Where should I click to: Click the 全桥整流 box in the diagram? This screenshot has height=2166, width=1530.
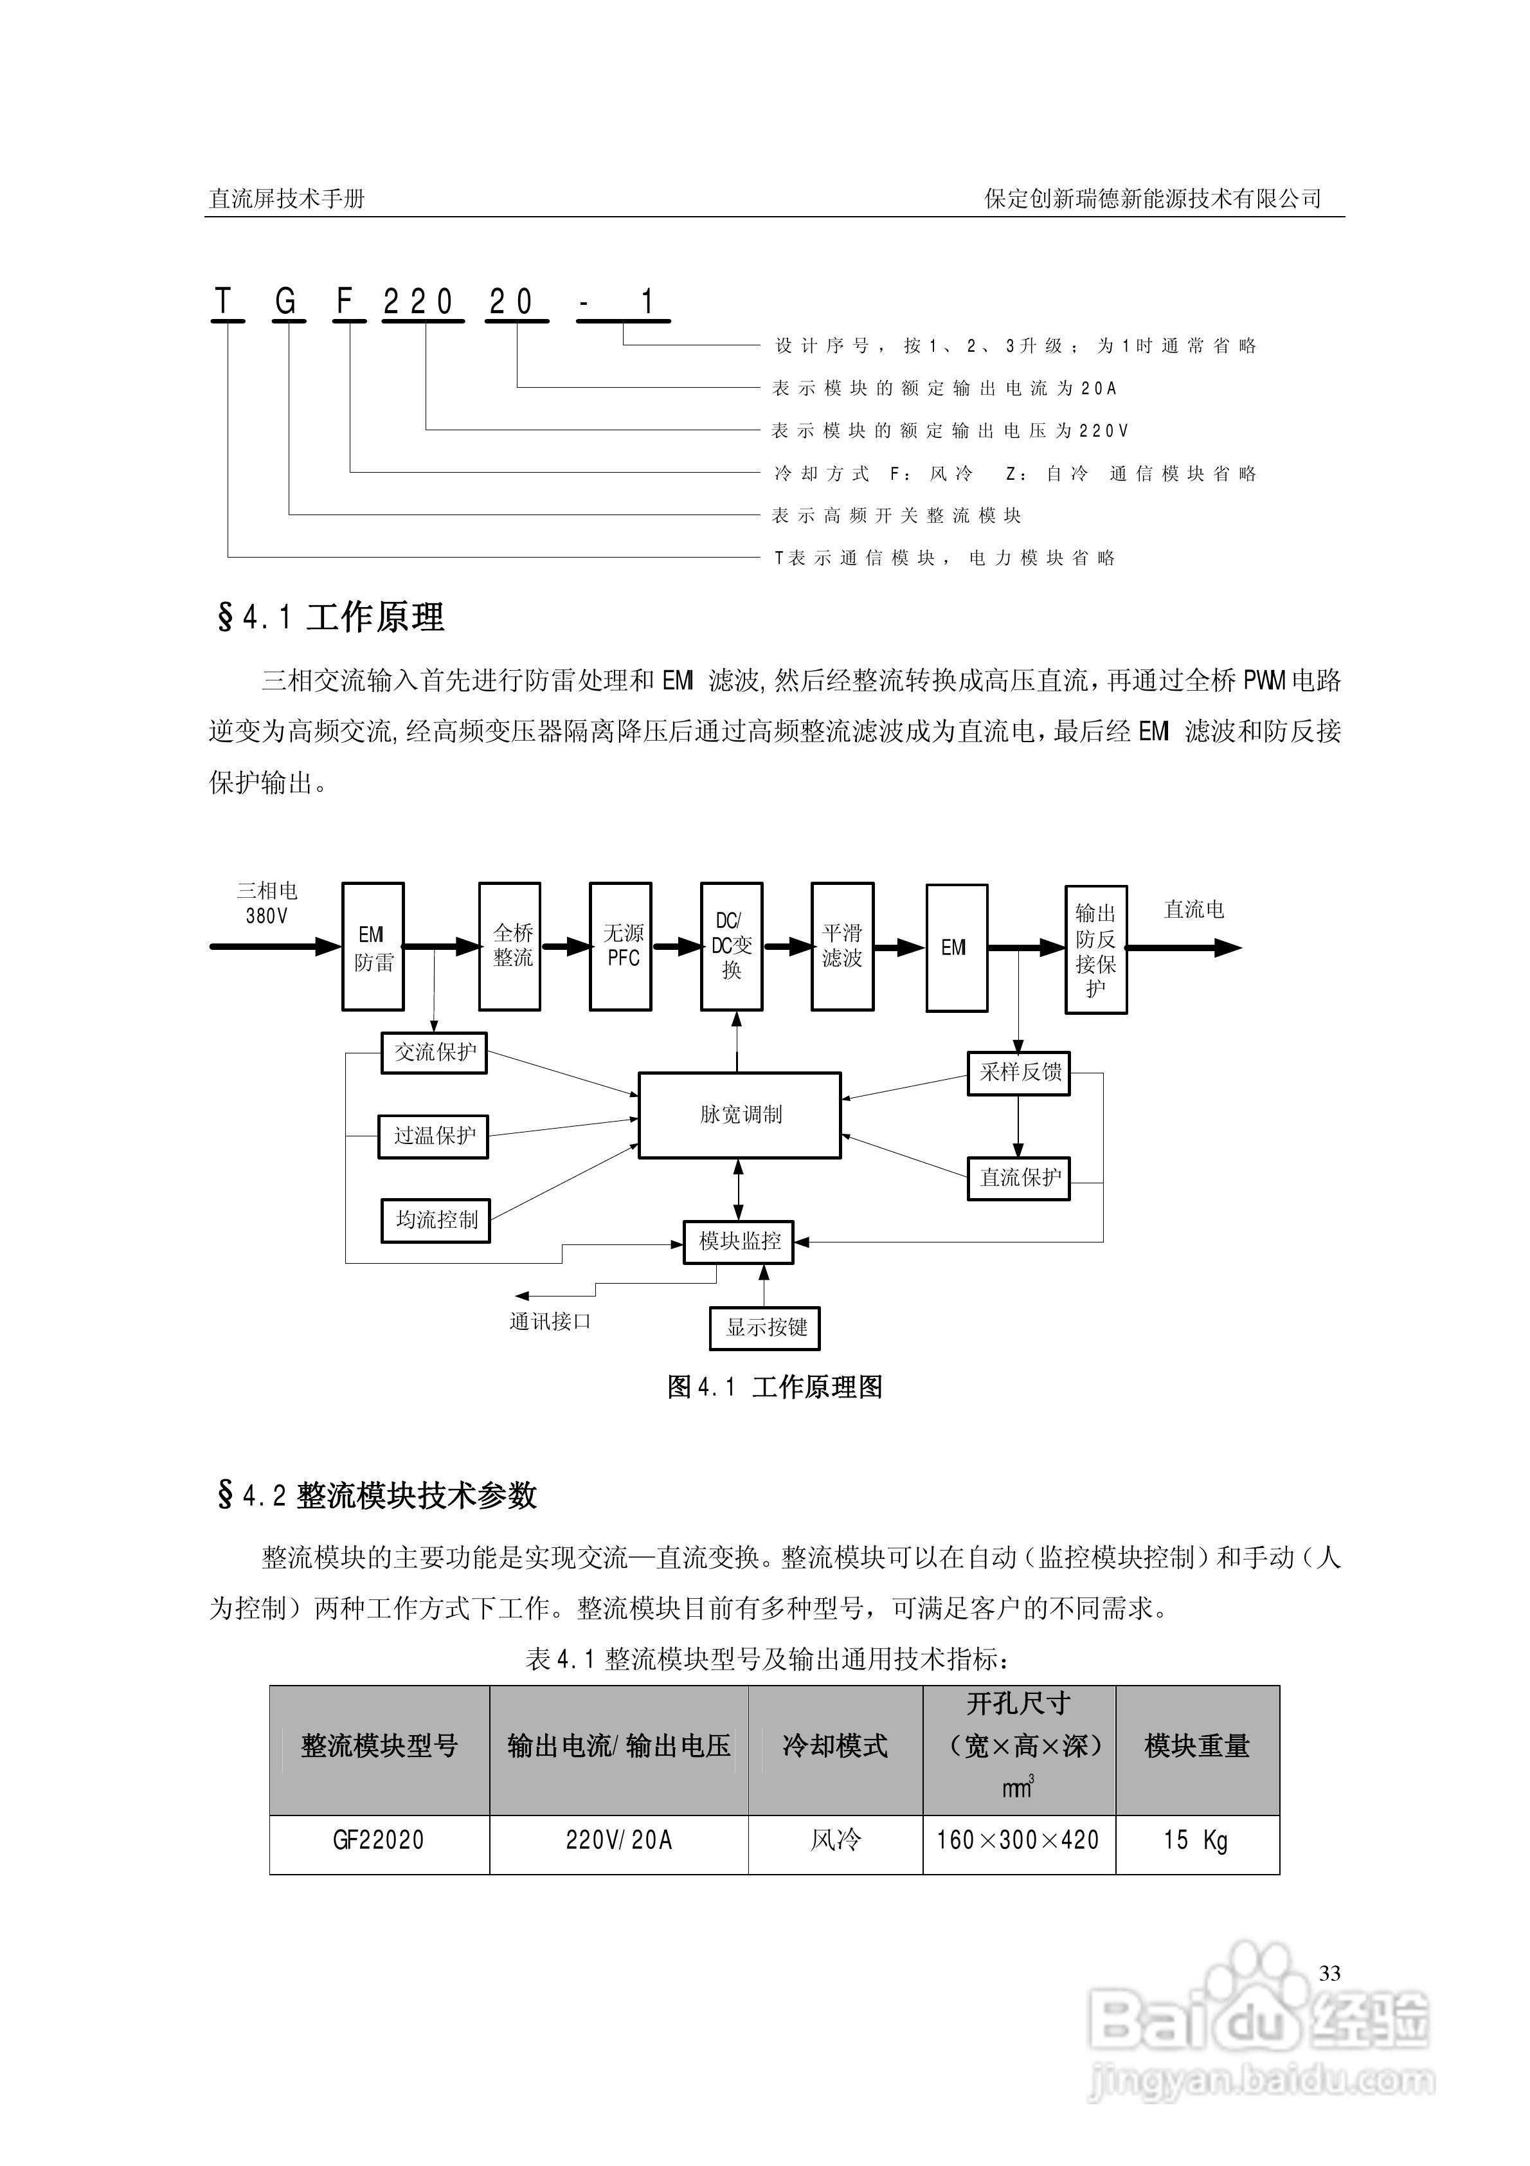pyautogui.click(x=509, y=946)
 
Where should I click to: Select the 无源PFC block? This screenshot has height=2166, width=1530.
pyautogui.click(x=620, y=946)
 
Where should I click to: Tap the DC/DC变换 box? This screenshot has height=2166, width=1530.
pyautogui.click(x=732, y=946)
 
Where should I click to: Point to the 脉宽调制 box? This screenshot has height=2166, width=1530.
pyautogui.click(x=739, y=1115)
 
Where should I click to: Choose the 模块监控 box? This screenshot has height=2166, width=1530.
pyautogui.click(x=739, y=1241)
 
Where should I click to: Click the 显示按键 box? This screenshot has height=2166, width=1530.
pyautogui.click(x=765, y=1328)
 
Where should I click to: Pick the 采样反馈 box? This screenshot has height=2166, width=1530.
pyautogui.click(x=1019, y=1073)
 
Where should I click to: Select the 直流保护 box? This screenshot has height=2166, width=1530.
pyautogui.click(x=1019, y=1178)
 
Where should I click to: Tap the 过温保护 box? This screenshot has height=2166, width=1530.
pyautogui.click(x=434, y=1136)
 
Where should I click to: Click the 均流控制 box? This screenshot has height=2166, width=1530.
pyautogui.click(x=436, y=1220)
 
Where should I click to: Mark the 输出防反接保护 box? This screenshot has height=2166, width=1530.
pyautogui.click(x=1096, y=950)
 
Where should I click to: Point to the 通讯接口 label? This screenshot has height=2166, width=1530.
pyautogui.click(x=550, y=1322)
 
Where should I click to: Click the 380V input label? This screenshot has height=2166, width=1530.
pyautogui.click(x=267, y=916)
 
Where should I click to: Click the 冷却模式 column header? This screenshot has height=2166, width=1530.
pyautogui.click(x=835, y=1746)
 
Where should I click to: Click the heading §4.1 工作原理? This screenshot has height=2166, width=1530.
pyautogui.click(x=331, y=618)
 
